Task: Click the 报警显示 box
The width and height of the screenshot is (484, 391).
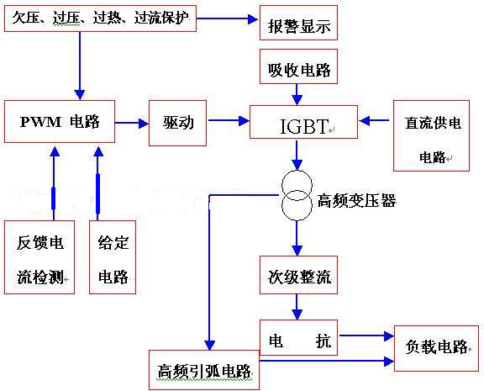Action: (298, 23)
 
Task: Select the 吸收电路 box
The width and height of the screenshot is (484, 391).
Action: (298, 66)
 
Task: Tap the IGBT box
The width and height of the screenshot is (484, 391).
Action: (303, 122)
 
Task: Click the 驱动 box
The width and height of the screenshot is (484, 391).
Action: (178, 123)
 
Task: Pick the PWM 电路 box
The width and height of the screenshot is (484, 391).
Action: (60, 121)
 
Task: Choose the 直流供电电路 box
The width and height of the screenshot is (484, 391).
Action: (432, 135)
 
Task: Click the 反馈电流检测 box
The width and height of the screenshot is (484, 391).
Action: (39, 257)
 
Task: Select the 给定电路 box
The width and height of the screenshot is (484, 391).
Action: (113, 257)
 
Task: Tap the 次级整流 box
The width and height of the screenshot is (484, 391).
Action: (298, 275)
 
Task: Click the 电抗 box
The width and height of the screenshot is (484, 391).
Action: (298, 337)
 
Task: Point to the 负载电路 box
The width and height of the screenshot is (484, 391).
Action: (436, 348)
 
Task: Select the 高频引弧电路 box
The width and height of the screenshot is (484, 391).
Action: (204, 370)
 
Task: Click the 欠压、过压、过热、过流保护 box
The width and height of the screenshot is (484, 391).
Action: (100, 18)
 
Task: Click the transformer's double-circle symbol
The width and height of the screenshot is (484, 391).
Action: (297, 195)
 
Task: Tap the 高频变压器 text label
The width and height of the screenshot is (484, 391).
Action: (357, 201)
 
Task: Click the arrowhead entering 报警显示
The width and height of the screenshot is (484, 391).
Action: (253, 19)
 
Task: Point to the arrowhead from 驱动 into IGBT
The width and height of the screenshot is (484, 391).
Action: (245, 121)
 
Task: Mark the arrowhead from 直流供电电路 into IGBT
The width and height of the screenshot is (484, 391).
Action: (365, 121)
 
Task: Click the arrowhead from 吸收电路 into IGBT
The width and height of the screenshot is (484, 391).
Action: (297, 100)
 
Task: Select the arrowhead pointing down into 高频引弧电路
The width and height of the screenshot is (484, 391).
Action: (210, 345)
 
